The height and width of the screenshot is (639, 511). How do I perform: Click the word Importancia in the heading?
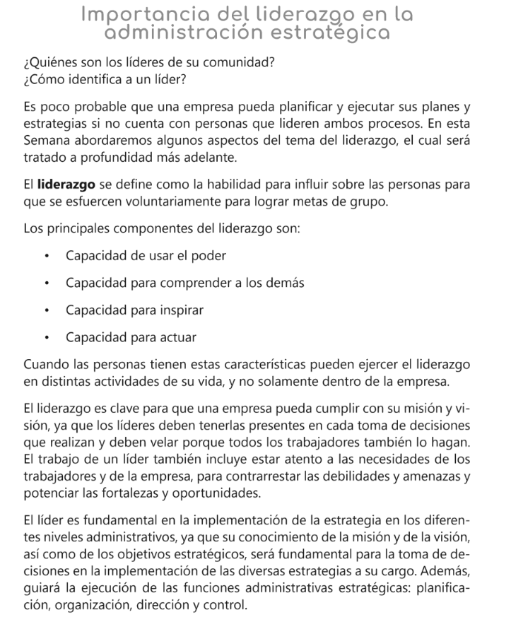point(132,14)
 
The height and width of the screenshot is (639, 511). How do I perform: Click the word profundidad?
point(114,157)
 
